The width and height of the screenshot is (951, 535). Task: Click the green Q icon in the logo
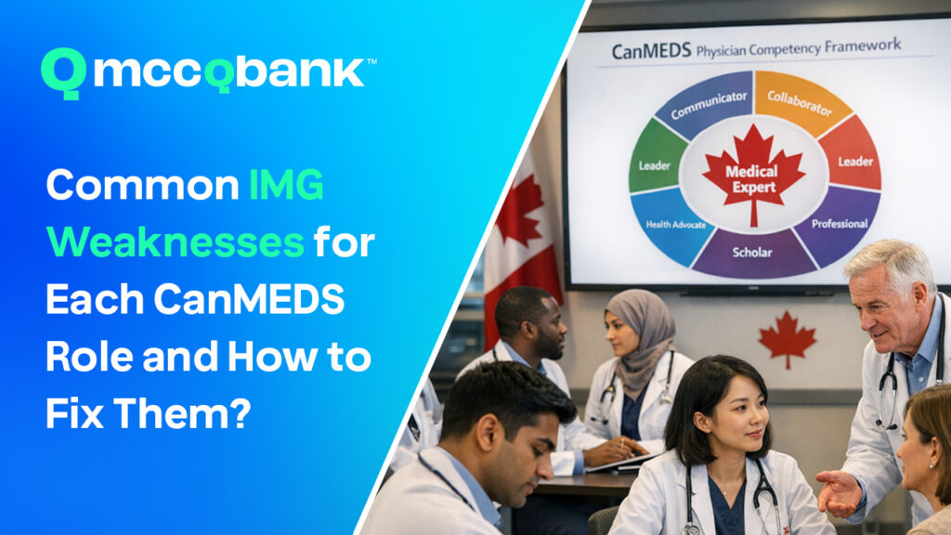63,72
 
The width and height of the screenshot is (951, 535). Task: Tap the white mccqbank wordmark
230,72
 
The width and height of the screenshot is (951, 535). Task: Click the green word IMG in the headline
286,185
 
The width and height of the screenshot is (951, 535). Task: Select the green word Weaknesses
175,242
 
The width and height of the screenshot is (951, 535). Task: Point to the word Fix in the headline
74,413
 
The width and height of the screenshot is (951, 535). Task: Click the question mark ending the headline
240,413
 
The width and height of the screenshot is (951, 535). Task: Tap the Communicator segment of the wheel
707,104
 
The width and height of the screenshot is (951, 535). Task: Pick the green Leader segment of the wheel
657,160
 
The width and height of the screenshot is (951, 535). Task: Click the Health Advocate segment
673,226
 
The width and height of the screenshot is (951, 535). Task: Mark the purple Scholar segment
752,253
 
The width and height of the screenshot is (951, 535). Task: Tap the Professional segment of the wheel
840,224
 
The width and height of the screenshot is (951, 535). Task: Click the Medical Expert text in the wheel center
751,179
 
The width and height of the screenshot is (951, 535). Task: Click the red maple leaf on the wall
788,338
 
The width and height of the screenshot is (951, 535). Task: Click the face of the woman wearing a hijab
620,333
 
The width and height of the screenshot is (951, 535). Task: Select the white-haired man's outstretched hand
840,492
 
